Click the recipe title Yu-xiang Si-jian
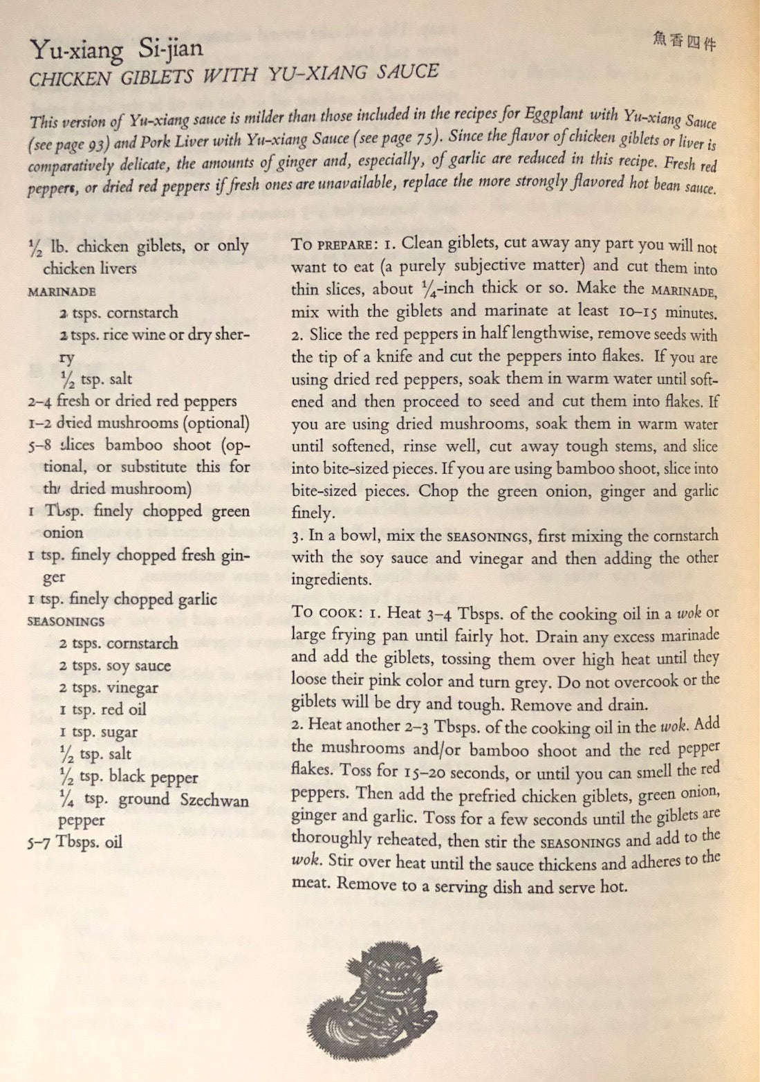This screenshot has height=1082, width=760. (116, 50)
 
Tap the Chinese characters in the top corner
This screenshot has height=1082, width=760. (684, 42)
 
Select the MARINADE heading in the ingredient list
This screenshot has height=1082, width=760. (62, 291)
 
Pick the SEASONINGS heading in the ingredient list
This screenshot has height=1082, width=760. (66, 621)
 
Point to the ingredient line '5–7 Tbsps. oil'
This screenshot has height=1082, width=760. (75, 842)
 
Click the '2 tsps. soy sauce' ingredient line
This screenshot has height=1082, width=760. (114, 666)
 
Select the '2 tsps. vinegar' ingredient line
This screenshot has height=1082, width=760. (108, 688)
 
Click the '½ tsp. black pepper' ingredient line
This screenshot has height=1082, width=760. (129, 777)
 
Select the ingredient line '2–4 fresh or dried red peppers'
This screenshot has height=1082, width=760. (132, 401)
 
